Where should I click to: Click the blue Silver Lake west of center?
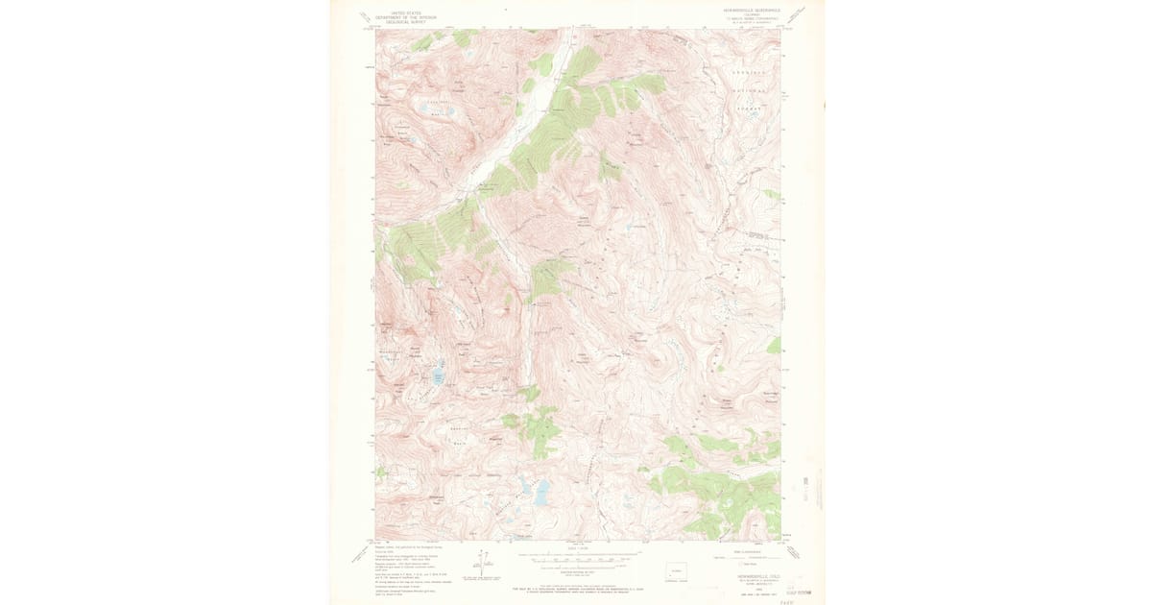click(x=438, y=375)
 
